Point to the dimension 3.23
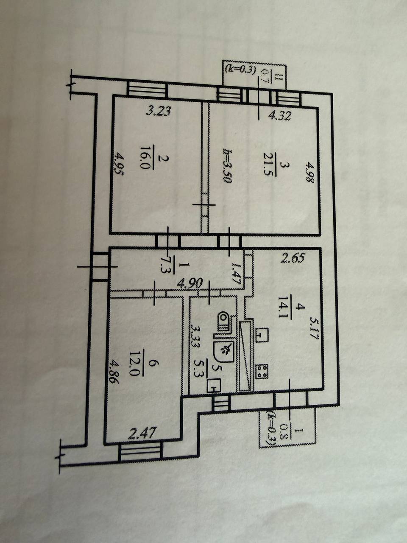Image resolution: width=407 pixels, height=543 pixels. click(158, 112)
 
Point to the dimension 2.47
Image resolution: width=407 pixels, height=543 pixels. click(143, 434)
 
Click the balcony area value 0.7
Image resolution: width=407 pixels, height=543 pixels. click(266, 76)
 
